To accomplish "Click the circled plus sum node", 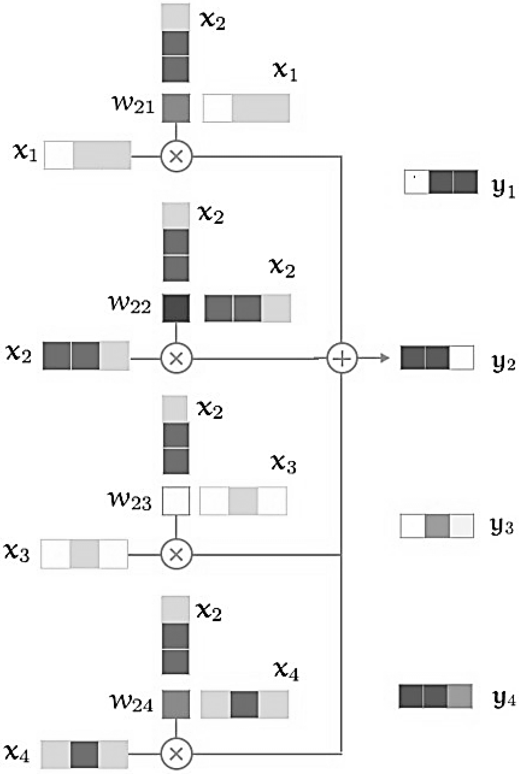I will [x=342, y=358].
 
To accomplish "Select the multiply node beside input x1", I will [x=176, y=156].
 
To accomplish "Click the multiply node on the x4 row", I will [x=176, y=754].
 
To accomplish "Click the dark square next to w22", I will [x=176, y=308].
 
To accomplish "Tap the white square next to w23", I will [x=176, y=501].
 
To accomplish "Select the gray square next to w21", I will [x=176, y=108].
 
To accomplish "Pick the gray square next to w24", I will [x=176, y=704].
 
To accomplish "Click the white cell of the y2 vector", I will [x=461, y=358].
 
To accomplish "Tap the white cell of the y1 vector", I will [x=417, y=182].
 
